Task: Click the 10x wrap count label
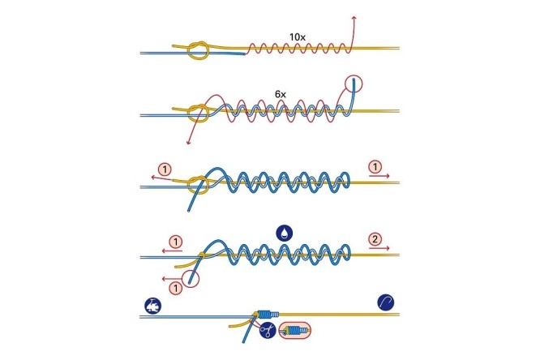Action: coord(298,36)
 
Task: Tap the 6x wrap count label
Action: coord(281,94)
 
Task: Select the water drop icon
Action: coord(285,234)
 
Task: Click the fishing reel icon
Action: coord(152,306)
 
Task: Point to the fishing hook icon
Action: coord(386,302)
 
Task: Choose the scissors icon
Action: coord(268,330)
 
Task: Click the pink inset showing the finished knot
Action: coord(294,330)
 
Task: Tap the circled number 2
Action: coord(375,238)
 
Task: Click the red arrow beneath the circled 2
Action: coord(379,248)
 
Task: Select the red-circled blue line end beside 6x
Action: coord(354,84)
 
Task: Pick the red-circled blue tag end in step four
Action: coord(191,278)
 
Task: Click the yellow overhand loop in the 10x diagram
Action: coord(198,52)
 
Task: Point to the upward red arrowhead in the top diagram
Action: coord(354,18)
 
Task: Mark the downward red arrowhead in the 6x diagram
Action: coord(188,142)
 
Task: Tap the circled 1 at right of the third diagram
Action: coord(375,167)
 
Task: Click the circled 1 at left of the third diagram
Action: coord(165,169)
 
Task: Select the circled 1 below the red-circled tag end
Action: coord(176,287)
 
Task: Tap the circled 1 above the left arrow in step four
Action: coord(176,242)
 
